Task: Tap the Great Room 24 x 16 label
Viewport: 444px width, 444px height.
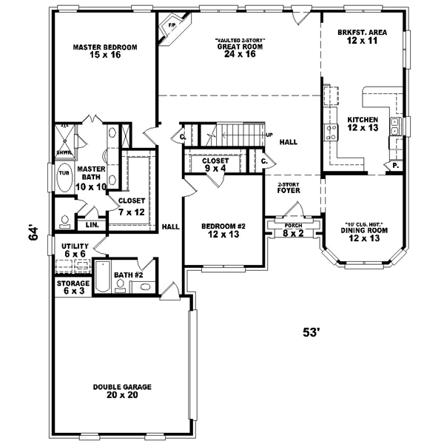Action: pyautogui.click(x=240, y=48)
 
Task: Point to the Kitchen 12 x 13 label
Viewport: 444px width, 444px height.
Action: pyautogui.click(x=363, y=124)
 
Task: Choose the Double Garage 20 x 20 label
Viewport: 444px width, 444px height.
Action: pyautogui.click(x=122, y=391)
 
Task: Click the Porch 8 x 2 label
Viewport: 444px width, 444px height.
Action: pyautogui.click(x=294, y=229)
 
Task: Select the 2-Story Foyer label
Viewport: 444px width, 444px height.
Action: pyautogui.click(x=289, y=188)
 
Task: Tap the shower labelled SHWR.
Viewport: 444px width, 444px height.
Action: pyautogui.click(x=64, y=152)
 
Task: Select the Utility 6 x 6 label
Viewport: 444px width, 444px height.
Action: pyautogui.click(x=75, y=249)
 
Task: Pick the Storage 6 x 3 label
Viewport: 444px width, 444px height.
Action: pyautogui.click(x=73, y=287)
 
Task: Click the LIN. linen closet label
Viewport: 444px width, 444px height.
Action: pyautogui.click(x=92, y=224)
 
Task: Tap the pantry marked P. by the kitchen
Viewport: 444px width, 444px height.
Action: pyautogui.click(x=395, y=165)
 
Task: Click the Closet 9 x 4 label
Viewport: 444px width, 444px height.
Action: pyautogui.click(x=215, y=164)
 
